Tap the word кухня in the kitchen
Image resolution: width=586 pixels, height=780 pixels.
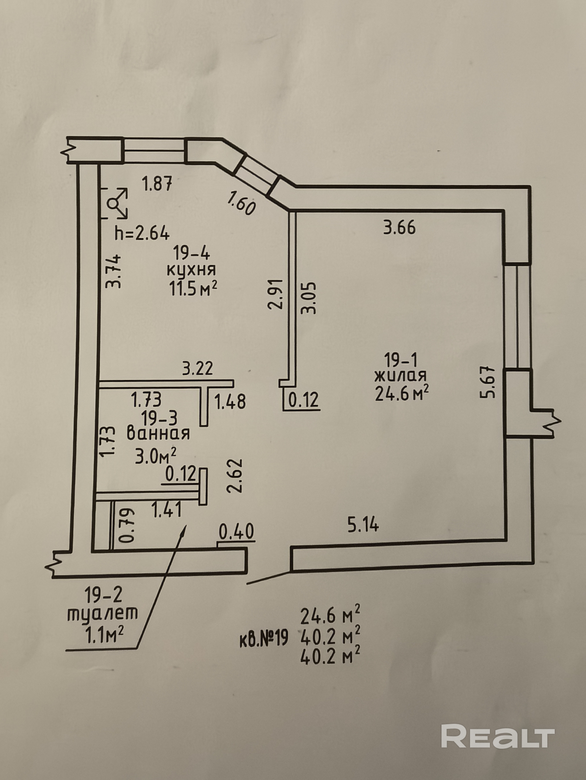pyautogui.click(x=191, y=270)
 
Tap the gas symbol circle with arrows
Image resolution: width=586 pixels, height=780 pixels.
pyautogui.click(x=115, y=204)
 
